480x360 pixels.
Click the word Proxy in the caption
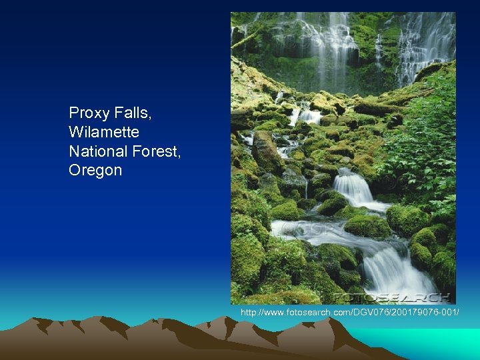click(86, 113)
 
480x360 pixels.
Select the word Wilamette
click(104, 132)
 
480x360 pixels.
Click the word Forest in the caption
click(155, 151)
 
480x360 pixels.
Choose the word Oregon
click(95, 171)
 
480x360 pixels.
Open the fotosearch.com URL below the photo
click(349, 313)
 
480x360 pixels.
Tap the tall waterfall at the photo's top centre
click(327, 47)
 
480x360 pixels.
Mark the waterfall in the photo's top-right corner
click(427, 43)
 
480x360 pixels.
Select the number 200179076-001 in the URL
click(426, 313)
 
